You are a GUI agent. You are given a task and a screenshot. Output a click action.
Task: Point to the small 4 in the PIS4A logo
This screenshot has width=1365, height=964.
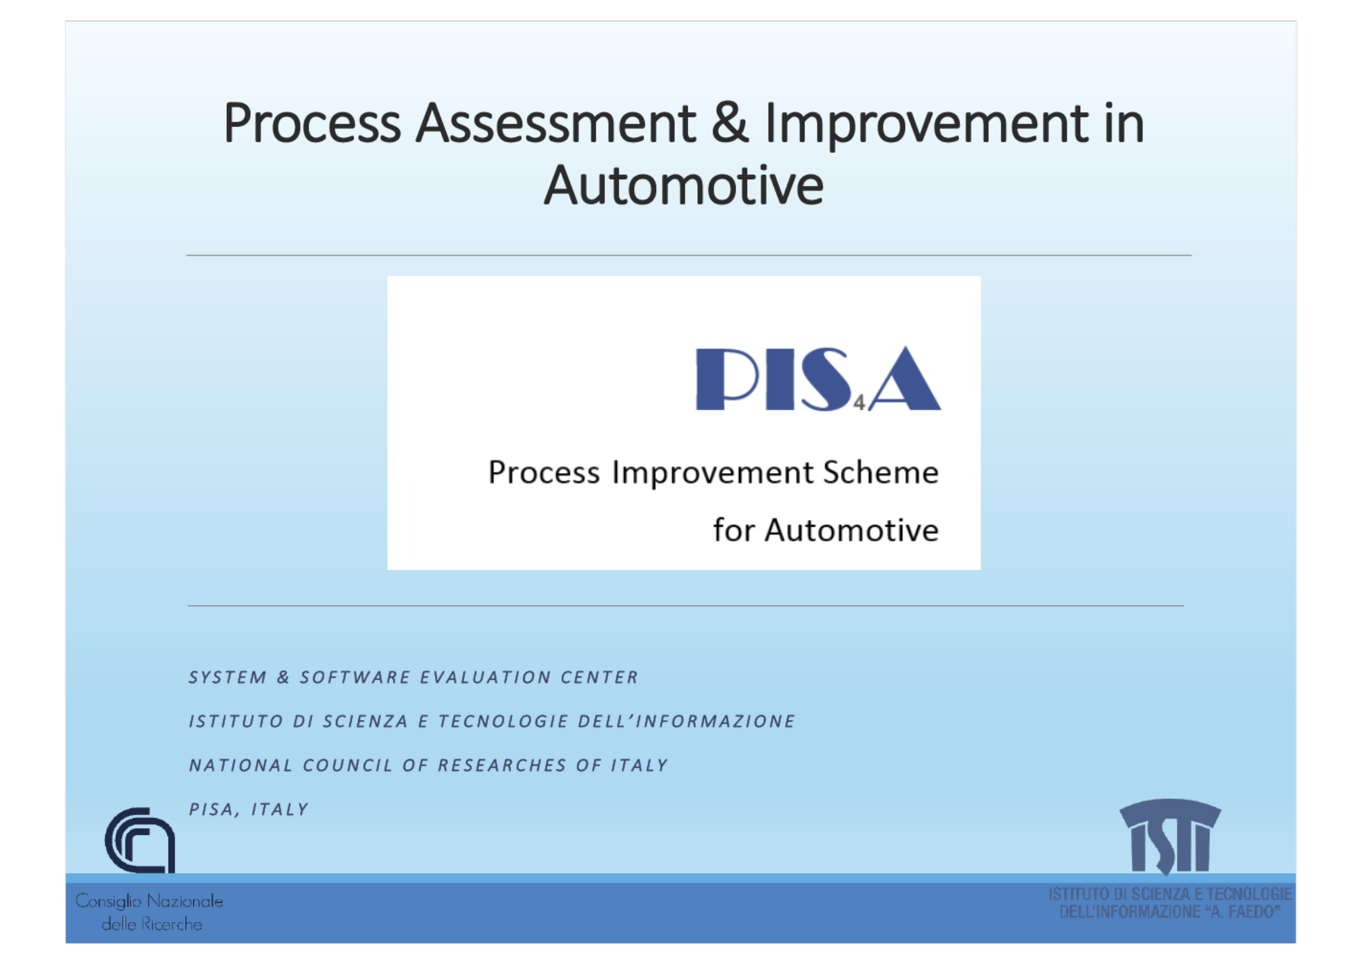859,403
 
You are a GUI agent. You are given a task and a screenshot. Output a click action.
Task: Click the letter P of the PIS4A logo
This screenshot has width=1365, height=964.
727,379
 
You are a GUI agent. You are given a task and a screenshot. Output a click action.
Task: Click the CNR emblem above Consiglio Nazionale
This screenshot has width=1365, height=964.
140,840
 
